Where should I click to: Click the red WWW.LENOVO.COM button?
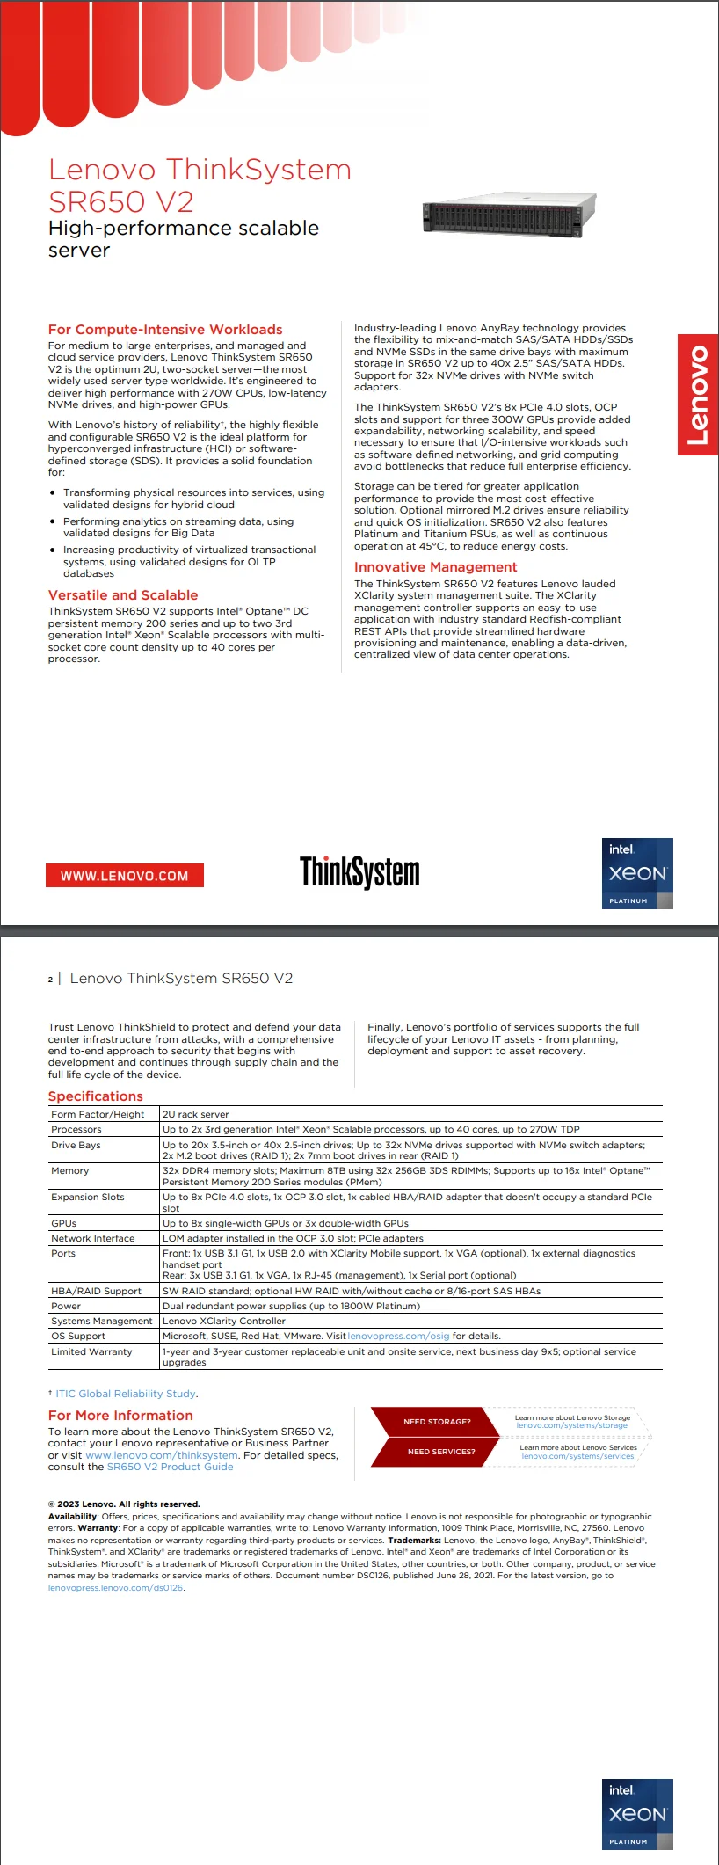[124, 876]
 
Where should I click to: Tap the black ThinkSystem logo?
[359, 871]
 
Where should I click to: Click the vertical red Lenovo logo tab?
[698, 395]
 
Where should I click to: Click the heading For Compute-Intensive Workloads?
[165, 330]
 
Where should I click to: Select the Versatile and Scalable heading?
[123, 595]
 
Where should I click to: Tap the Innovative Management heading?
[435, 567]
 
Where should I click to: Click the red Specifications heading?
[95, 1096]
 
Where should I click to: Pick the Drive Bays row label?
[76, 1145]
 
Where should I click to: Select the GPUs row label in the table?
[63, 1223]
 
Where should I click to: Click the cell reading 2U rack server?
[195, 1114]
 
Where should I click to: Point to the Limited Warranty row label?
[91, 1351]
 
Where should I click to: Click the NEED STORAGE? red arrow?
[436, 1422]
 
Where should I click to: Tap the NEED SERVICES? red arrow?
[439, 1452]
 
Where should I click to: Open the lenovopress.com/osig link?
[398, 1336]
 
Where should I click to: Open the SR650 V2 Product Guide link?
[171, 1467]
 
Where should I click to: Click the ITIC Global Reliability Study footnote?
[126, 1394]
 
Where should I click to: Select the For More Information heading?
[120, 1416]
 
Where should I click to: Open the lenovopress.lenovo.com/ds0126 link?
[115, 1588]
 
